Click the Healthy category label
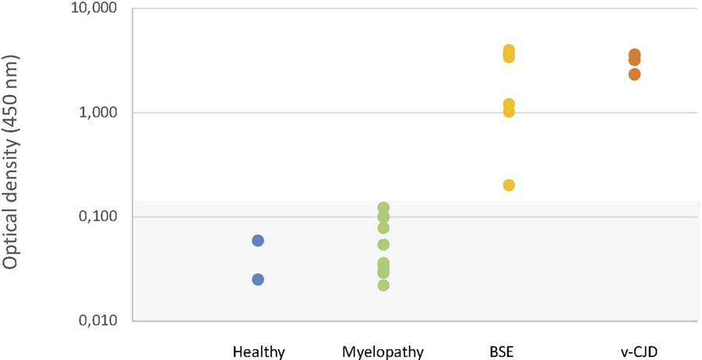click(x=259, y=351)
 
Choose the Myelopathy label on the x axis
click(x=383, y=351)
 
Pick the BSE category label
click(x=509, y=351)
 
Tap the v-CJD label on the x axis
click(x=634, y=351)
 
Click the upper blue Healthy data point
click(x=258, y=241)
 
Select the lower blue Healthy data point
click(x=258, y=280)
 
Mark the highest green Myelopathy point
click(x=383, y=208)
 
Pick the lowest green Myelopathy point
click(x=383, y=285)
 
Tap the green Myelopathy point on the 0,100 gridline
click(x=383, y=217)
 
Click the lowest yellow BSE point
click(x=509, y=185)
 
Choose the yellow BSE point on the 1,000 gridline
click(x=509, y=111)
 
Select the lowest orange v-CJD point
click(x=634, y=74)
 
